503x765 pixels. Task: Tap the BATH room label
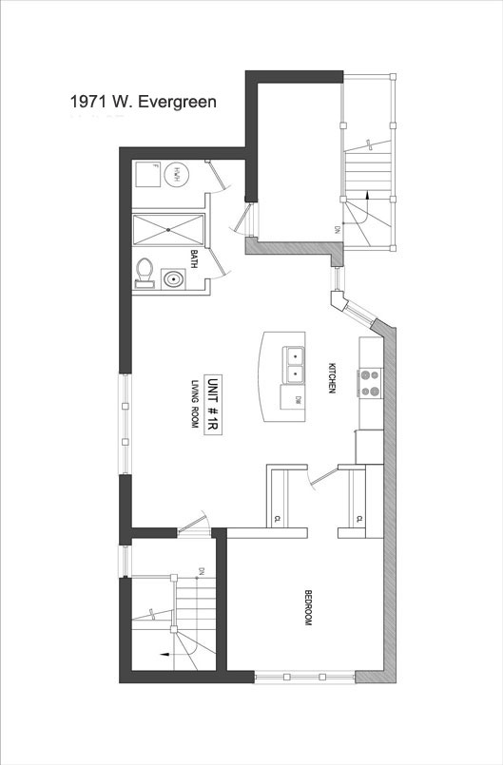[194, 259]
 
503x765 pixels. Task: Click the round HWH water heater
[176, 174]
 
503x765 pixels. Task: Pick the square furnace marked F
[146, 174]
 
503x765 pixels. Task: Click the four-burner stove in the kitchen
[370, 382]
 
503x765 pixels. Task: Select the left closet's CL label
[277, 518]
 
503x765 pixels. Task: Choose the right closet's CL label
[358, 518]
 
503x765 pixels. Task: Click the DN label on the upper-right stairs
[337, 229]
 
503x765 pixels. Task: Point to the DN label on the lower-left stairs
[202, 571]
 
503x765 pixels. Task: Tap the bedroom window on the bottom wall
[304, 677]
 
